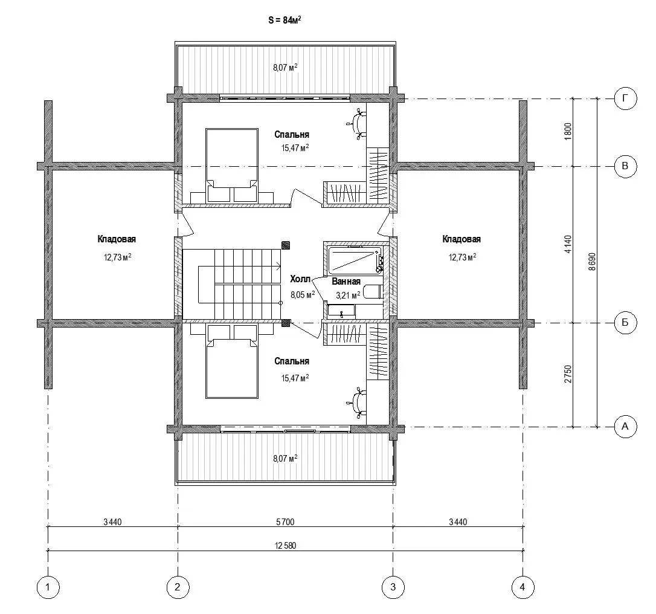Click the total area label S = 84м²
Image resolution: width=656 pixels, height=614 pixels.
pyautogui.click(x=285, y=20)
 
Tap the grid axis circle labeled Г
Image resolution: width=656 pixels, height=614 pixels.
pyautogui.click(x=625, y=99)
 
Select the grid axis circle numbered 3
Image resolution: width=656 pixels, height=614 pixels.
pyautogui.click(x=393, y=587)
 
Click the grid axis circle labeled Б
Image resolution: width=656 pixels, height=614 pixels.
pyautogui.click(x=625, y=323)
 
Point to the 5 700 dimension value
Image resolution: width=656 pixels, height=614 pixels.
pyautogui.click(x=285, y=522)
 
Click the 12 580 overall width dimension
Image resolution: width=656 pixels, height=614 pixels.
pyautogui.click(x=285, y=545)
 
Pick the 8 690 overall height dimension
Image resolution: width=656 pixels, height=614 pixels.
pyautogui.click(x=591, y=262)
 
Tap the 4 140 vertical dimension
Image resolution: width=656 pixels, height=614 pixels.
pyautogui.click(x=568, y=244)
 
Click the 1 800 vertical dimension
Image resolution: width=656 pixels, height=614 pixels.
pyautogui.click(x=568, y=131)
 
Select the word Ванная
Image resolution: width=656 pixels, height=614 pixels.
pyautogui.click(x=346, y=282)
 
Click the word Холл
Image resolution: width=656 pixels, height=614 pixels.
pyautogui.click(x=300, y=279)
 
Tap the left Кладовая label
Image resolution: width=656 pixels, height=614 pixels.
pyautogui.click(x=117, y=239)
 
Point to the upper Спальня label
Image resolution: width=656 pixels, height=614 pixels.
pyautogui.click(x=292, y=134)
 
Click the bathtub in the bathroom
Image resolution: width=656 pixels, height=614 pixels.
pyautogui.click(x=355, y=259)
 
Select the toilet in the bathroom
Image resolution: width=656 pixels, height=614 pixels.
pyautogui.click(x=373, y=292)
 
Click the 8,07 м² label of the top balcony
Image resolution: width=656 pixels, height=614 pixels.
pyautogui.click(x=285, y=67)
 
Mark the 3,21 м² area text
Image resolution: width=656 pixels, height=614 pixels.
pyautogui.click(x=348, y=296)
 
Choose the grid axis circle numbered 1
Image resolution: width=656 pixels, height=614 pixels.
pyautogui.click(x=48, y=587)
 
